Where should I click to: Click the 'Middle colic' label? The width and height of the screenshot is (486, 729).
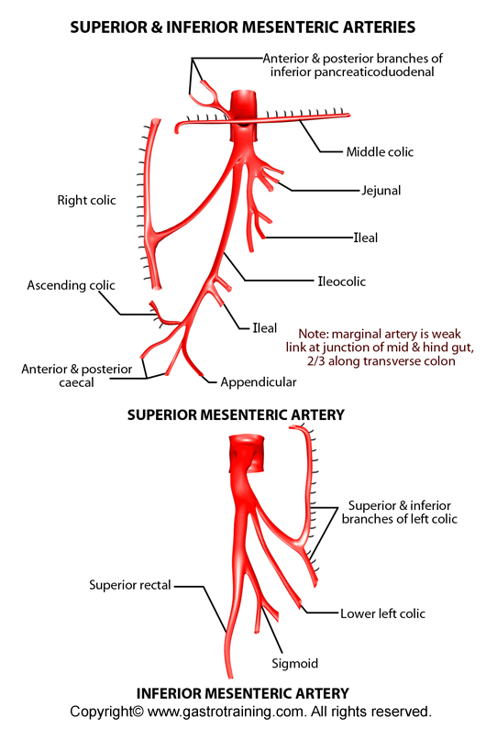(x=380, y=152)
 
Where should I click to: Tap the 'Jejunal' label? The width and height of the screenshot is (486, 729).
(x=381, y=190)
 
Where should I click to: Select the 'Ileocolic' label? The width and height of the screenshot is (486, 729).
(x=341, y=282)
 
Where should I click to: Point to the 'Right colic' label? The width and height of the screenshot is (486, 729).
(x=86, y=201)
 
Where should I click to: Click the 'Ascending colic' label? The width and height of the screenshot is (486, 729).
(x=71, y=285)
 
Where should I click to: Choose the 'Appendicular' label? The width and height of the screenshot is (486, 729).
(x=258, y=382)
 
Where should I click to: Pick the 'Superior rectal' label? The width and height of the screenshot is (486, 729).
(x=130, y=585)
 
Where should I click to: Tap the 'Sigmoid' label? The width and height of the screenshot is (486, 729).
(x=295, y=664)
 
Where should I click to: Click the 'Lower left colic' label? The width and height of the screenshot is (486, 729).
(x=382, y=613)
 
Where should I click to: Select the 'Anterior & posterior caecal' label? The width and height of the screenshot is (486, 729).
(x=77, y=376)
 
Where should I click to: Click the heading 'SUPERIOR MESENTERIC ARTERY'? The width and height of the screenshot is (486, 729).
(x=236, y=414)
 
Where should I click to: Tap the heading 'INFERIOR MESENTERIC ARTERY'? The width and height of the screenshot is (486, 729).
(x=242, y=693)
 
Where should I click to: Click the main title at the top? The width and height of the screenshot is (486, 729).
(x=243, y=27)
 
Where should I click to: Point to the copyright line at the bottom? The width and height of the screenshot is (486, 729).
(x=250, y=712)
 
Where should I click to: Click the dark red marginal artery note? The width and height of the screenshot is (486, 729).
(x=380, y=348)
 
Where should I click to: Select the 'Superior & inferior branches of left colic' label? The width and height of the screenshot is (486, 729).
(x=400, y=512)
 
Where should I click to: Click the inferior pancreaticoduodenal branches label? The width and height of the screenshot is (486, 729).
(x=352, y=65)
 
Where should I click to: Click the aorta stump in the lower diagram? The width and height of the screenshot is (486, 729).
(x=247, y=454)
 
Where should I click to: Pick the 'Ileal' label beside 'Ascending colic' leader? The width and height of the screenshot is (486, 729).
(x=264, y=328)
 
